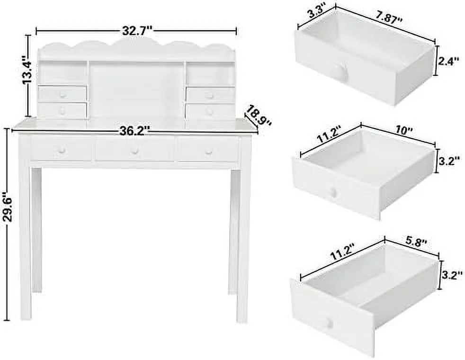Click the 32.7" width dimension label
click(x=137, y=30)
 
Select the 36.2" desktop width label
click(x=134, y=130)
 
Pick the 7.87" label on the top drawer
click(x=388, y=19)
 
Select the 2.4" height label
click(x=449, y=62)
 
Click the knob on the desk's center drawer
click(x=135, y=151)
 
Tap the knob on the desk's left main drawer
click(x=62, y=150)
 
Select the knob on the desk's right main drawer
click(x=208, y=152)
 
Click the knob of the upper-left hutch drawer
click(x=63, y=95)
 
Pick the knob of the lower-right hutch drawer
click(x=210, y=112)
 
